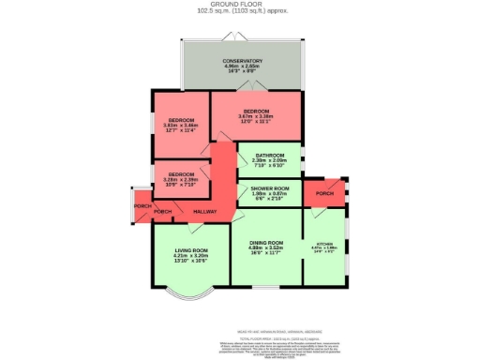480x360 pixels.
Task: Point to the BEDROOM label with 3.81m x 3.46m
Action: [181, 120]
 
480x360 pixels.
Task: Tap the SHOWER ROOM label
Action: [269, 188]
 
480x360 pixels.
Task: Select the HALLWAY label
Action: [204, 212]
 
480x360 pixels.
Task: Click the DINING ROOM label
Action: [267, 242]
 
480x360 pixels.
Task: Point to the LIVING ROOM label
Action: [190, 249]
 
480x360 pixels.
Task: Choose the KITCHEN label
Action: [324, 242]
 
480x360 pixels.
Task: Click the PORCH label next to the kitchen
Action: [324, 195]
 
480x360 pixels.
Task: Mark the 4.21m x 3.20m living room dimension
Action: [190, 255]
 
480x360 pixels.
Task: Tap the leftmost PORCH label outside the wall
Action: [142, 205]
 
